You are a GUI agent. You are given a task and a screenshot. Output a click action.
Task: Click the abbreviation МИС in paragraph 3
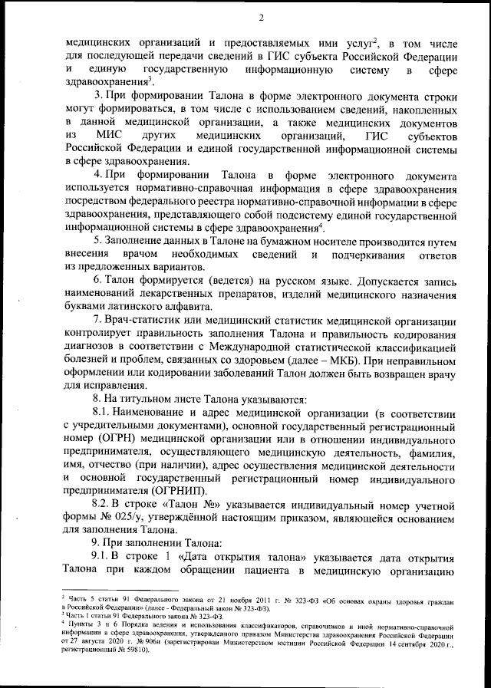pos(114,135)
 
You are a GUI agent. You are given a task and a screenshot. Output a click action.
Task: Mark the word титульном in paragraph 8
pos(148,400)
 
